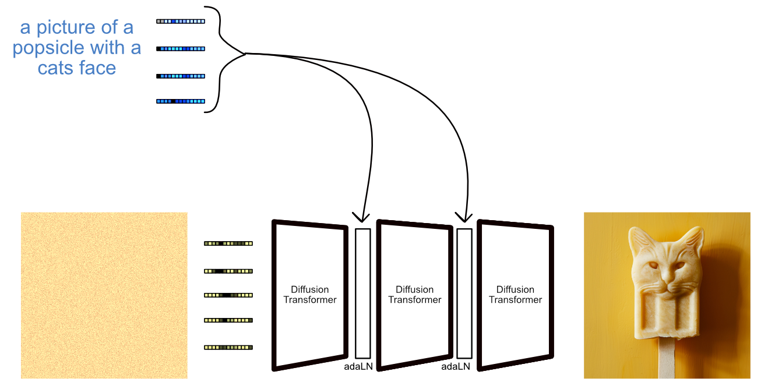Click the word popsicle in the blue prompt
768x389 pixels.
pyautogui.click(x=48, y=48)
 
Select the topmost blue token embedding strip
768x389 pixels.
pyautogui.click(x=181, y=22)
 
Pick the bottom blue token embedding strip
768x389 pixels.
pyautogui.click(x=181, y=101)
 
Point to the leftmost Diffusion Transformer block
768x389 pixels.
pyautogui.click(x=310, y=295)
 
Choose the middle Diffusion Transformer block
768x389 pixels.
pyautogui.click(x=414, y=295)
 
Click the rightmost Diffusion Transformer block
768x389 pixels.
pyautogui.click(x=515, y=295)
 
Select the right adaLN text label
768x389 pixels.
pyautogui.click(x=456, y=367)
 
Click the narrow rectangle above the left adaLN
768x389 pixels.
pyautogui.click(x=363, y=293)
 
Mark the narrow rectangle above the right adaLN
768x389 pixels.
pyautogui.click(x=464, y=293)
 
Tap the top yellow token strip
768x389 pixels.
pyautogui.click(x=228, y=243)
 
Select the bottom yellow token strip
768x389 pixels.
pyautogui.click(x=228, y=348)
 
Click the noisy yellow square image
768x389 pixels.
pyautogui.click(x=104, y=295)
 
